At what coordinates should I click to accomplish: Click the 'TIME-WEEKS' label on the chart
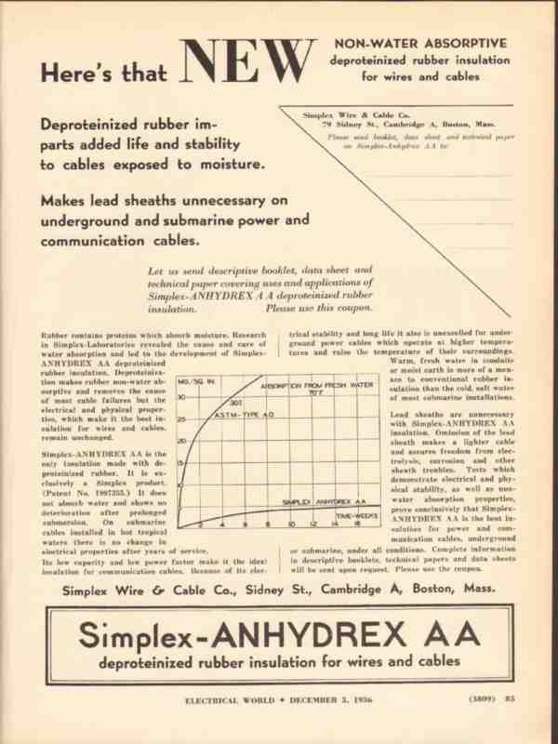tap(356, 514)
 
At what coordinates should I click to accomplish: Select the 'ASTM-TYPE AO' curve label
tap(244, 415)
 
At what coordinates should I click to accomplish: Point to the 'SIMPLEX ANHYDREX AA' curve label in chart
tap(321, 502)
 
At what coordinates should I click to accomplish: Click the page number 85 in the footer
tap(510, 698)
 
